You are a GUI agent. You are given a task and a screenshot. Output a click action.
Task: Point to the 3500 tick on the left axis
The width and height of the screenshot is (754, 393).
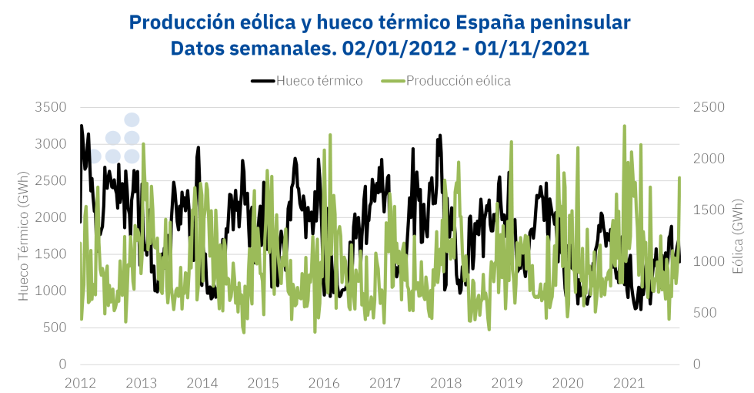52,107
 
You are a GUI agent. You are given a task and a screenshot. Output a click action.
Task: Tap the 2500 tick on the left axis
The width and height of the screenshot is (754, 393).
52,180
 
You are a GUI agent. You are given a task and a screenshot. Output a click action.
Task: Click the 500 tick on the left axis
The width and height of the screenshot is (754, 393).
55,327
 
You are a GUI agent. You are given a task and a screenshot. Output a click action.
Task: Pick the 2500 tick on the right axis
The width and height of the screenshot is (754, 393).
709,107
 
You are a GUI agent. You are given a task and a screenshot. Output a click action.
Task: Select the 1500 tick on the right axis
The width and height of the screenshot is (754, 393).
709,210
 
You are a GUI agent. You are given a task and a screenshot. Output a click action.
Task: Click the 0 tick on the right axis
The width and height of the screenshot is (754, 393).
697,364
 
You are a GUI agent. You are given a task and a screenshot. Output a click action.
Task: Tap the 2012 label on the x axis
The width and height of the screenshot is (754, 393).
80,383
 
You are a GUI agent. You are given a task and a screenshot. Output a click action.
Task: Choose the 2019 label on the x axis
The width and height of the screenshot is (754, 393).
507,383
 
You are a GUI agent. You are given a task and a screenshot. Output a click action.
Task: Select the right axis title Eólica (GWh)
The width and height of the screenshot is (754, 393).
737,236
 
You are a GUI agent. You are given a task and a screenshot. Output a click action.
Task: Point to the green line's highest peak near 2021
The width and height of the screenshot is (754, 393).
625,126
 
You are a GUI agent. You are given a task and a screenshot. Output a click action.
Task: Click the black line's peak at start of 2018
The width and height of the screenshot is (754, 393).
440,136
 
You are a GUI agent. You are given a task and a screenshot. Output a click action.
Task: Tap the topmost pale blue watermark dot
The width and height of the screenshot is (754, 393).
132,119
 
